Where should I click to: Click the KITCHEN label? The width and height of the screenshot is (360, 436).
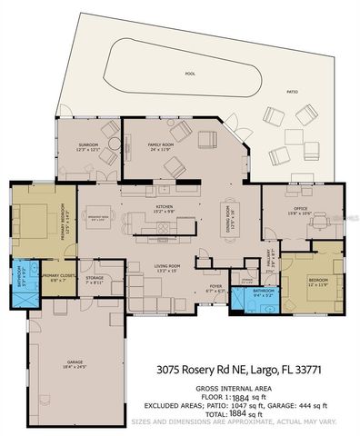[164, 207]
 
